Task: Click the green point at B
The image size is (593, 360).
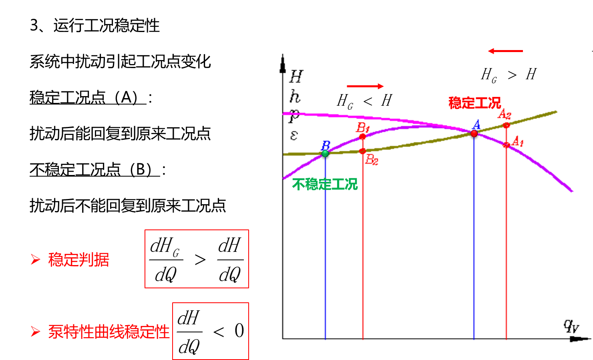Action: [x=325, y=153]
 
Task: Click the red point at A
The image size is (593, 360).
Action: [x=474, y=133]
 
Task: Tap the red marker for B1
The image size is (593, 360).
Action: [x=362, y=137]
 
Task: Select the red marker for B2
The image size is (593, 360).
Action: [x=362, y=151]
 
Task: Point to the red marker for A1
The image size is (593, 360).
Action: [x=506, y=145]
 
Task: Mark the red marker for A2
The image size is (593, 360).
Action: [x=507, y=125]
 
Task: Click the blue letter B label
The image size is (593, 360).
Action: [x=326, y=145]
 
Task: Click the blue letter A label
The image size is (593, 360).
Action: [x=476, y=124]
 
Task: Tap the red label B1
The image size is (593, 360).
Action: [x=363, y=128]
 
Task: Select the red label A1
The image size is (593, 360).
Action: [x=518, y=141]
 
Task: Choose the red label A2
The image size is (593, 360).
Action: [x=505, y=114]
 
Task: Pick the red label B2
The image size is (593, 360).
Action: [x=372, y=160]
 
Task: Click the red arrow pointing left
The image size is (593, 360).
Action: [x=505, y=51]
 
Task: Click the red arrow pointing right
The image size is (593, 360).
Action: [x=365, y=86]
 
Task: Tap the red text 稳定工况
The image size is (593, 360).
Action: [x=474, y=103]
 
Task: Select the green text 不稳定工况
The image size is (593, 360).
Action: [x=325, y=184]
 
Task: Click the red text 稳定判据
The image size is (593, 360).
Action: [x=79, y=259]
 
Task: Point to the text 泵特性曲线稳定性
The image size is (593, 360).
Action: [x=109, y=332]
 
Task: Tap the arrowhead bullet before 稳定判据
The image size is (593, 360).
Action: [x=36, y=259]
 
